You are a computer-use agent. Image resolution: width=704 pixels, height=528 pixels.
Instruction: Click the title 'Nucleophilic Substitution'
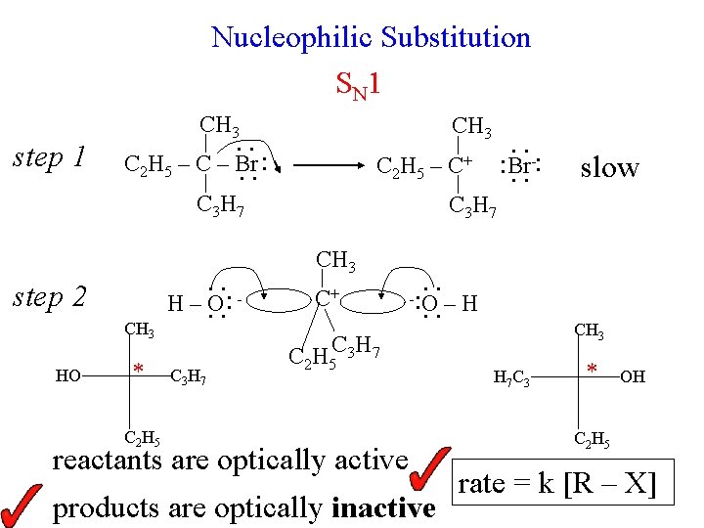(371, 38)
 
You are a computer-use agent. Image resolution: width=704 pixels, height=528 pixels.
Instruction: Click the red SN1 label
(357, 85)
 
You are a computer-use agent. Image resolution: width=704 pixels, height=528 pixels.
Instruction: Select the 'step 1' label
(49, 156)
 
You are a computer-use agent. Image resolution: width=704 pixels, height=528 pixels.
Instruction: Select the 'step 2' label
(49, 297)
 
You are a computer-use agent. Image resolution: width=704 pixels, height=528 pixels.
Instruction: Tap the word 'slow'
(608, 167)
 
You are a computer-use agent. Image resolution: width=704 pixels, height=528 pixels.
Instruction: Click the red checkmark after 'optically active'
(429, 468)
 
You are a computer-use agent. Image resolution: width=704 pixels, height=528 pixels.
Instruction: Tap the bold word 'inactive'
(383, 508)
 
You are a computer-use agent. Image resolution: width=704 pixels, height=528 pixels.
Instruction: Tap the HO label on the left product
(67, 374)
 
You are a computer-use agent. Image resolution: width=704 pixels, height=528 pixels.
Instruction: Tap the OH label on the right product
(633, 375)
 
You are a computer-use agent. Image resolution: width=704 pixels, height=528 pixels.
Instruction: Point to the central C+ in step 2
(327, 293)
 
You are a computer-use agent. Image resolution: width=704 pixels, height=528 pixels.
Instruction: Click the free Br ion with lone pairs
(520, 164)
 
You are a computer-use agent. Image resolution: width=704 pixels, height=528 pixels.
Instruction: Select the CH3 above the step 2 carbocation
(336, 260)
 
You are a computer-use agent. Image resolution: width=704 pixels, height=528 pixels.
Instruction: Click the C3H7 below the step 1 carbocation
(472, 207)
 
